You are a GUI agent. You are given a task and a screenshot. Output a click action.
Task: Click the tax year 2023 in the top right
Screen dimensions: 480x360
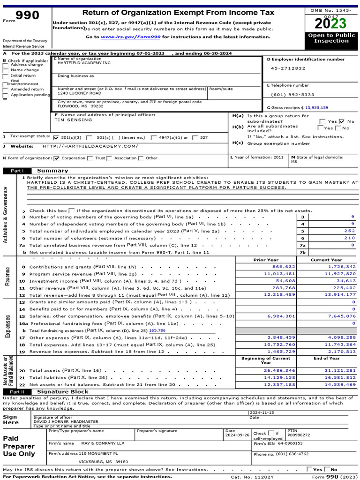click(331, 23)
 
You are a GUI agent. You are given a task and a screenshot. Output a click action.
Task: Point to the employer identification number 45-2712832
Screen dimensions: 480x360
click(288, 68)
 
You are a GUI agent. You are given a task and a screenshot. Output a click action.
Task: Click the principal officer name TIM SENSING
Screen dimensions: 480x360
click(74, 120)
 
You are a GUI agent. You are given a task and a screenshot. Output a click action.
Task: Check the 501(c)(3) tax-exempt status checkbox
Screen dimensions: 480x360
click(57, 138)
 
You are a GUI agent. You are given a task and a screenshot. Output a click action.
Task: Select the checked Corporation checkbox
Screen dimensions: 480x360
click(57, 158)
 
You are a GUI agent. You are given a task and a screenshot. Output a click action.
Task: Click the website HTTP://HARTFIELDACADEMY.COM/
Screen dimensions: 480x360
click(90, 146)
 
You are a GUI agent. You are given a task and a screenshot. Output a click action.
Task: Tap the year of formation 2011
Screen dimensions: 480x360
click(278, 157)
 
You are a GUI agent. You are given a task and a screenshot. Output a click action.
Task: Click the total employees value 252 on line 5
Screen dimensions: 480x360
click(349, 231)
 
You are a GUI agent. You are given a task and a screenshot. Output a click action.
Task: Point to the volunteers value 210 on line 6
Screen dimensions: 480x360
click(349, 238)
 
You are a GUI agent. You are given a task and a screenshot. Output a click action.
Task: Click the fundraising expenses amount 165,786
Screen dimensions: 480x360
click(158, 330)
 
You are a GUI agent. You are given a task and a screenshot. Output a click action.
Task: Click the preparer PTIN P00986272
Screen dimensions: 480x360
click(299, 435)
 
